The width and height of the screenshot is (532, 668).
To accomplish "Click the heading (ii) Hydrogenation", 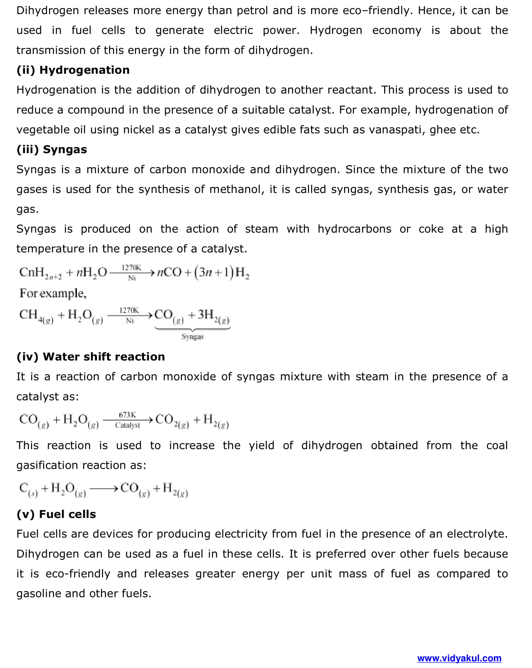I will coord(73,70).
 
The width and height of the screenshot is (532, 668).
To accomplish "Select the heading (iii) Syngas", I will coord(52,149).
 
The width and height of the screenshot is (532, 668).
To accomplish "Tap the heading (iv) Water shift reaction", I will coord(91,357).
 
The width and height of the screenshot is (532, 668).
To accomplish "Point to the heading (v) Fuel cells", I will coord(56,514).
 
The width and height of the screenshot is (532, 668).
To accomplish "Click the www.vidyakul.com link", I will coord(459,658).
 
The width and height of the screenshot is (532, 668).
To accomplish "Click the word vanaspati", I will coord(394,130).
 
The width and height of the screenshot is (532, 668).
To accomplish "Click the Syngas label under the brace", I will coord(192,337).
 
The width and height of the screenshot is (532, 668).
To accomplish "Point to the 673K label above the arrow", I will coord(127,415).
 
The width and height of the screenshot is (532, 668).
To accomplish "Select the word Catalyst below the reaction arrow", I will coord(128,425).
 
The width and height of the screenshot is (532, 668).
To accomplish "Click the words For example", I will coord(53,293).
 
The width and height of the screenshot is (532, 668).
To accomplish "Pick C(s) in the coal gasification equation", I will coord(28,489).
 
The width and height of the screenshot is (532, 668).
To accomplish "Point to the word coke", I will coord(431,229).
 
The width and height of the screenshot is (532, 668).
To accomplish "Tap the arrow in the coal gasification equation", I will coord(104,489).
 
